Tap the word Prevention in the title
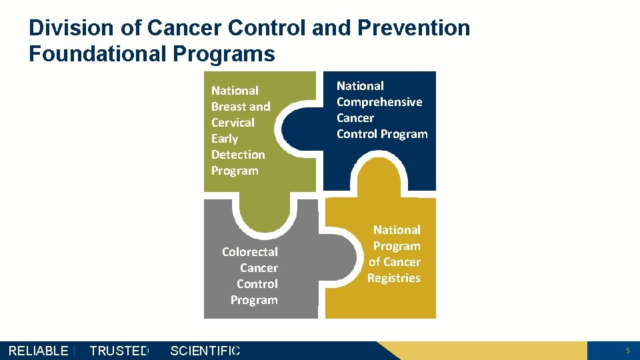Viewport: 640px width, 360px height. pos(413,28)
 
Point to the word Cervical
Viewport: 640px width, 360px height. pos(233,123)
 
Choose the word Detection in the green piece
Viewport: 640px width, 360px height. pos(238,155)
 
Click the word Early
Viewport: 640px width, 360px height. pos(225,139)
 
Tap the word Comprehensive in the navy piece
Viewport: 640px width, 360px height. pos(379,102)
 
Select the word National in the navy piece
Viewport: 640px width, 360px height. pos(360,86)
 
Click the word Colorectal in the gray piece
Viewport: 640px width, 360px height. pos(249,252)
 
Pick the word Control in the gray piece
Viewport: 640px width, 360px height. pos(257,284)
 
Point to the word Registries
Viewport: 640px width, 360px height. pos(394,278)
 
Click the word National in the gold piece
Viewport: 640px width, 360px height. pos(397,230)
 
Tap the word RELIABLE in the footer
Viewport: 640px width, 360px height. pos(38,351)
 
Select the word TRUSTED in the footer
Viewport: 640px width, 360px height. pos(119,351)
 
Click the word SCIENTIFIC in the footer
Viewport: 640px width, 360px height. pos(205,351)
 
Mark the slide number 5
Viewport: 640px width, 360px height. pos(627,351)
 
